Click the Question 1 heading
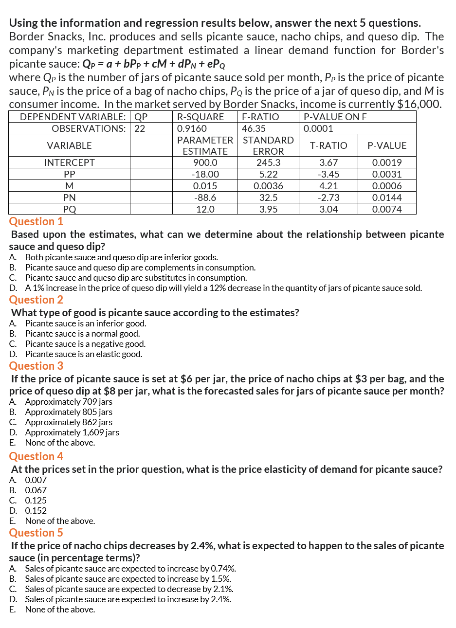click(36, 221)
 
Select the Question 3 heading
click(36, 366)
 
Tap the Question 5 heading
click(36, 533)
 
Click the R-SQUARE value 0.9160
click(192, 128)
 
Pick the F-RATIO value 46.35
click(254, 128)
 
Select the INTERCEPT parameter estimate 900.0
click(205, 163)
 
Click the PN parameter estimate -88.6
click(205, 197)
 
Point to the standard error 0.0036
click(268, 186)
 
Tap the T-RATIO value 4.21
click(328, 186)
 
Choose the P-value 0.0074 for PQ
click(387, 209)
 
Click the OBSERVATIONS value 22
click(140, 128)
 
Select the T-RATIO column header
click(328, 145)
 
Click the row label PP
click(69, 174)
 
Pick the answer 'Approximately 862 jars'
click(69, 422)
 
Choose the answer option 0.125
click(36, 501)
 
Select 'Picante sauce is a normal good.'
click(82, 334)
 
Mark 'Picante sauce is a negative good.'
click(85, 344)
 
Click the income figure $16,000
click(419, 104)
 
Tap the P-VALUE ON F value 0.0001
click(318, 128)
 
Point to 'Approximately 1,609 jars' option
click(72, 432)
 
